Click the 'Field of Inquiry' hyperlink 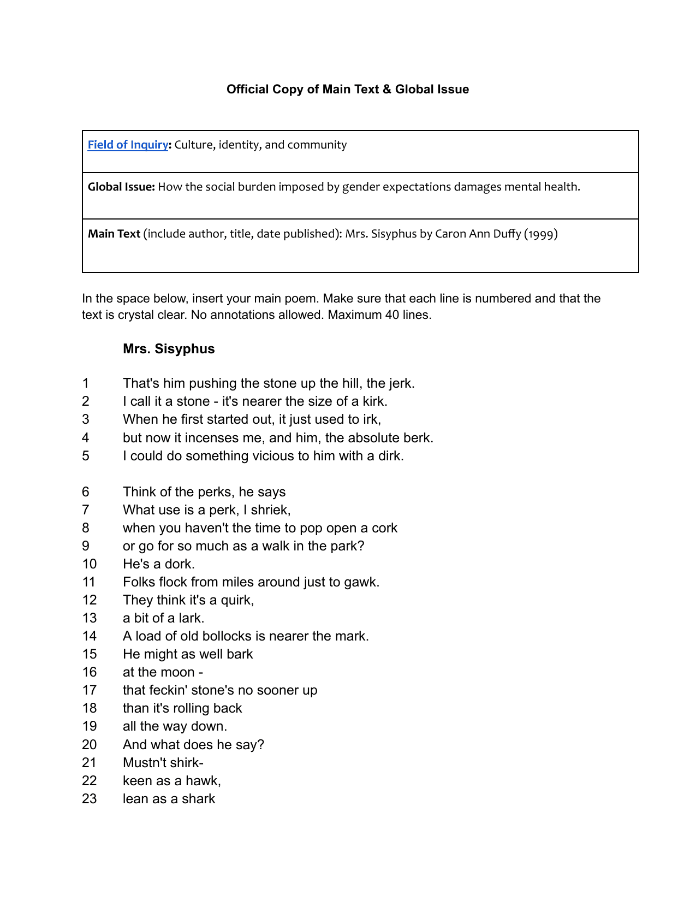[128, 145]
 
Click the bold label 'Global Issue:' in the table [122, 187]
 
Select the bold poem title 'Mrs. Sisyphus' [169, 349]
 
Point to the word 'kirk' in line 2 [374, 401]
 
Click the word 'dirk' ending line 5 [390, 456]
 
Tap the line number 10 [89, 564]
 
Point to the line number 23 [89, 799]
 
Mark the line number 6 [86, 492]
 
